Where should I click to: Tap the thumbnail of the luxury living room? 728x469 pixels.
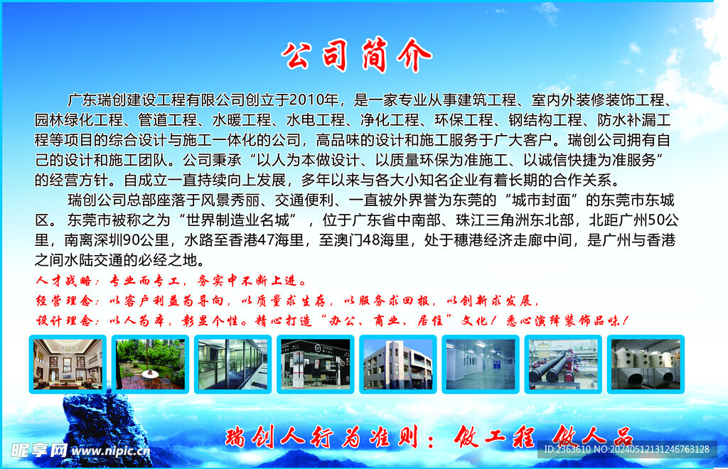pyautogui.click(x=68, y=364)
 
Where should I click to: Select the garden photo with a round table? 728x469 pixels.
pyautogui.click(x=150, y=364)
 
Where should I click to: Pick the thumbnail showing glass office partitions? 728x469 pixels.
pyautogui.click(x=232, y=364)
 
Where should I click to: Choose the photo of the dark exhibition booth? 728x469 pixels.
pyautogui.click(x=315, y=364)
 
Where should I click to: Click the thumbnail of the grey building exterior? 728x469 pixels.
pyautogui.click(x=397, y=364)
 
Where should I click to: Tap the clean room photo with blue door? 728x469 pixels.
pyautogui.click(x=480, y=364)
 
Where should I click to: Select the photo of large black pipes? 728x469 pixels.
pyautogui.click(x=563, y=364)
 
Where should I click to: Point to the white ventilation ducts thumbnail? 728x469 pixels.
pyautogui.click(x=646, y=364)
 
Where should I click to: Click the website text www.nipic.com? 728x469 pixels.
pyautogui.click(x=110, y=451)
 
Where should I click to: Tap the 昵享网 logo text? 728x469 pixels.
pyautogui.click(x=39, y=450)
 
